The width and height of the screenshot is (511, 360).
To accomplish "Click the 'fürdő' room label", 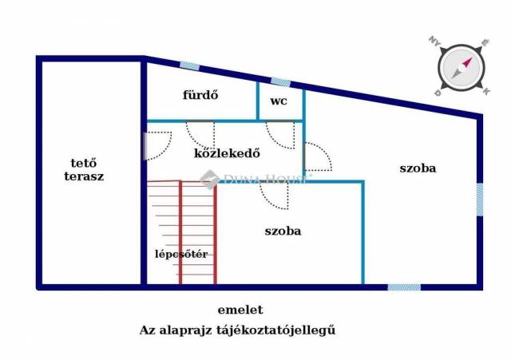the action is [x=200, y=95].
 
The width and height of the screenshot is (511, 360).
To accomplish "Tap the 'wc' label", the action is [x=279, y=101].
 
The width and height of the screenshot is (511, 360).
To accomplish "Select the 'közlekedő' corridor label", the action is [x=227, y=153].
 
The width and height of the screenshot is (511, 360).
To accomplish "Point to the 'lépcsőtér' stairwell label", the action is [x=181, y=254].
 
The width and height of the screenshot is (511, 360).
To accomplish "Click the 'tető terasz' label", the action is [x=84, y=169].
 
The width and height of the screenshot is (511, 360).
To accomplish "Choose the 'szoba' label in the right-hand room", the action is [x=418, y=168].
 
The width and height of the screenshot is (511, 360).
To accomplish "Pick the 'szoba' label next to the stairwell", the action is [x=283, y=231].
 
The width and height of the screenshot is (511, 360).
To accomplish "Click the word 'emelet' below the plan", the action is [x=240, y=310].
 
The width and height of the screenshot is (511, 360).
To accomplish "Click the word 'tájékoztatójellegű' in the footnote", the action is [x=275, y=330].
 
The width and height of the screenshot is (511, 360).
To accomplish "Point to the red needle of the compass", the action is [x=466, y=62].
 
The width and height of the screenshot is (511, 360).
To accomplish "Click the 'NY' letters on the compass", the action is [x=434, y=41].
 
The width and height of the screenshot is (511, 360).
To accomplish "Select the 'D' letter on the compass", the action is [x=438, y=93].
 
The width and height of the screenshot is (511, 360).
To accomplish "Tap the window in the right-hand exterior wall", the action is [x=480, y=200].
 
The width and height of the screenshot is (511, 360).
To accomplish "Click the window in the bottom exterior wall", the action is [x=404, y=287].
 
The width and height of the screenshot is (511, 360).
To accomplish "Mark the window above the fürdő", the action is [x=190, y=66].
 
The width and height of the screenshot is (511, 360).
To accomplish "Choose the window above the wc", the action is [x=280, y=82].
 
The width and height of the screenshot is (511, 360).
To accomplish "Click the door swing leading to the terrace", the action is [x=158, y=146].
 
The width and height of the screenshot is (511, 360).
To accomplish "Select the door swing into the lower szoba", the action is [x=274, y=196].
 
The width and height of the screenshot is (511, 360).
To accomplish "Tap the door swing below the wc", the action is [x=280, y=135].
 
